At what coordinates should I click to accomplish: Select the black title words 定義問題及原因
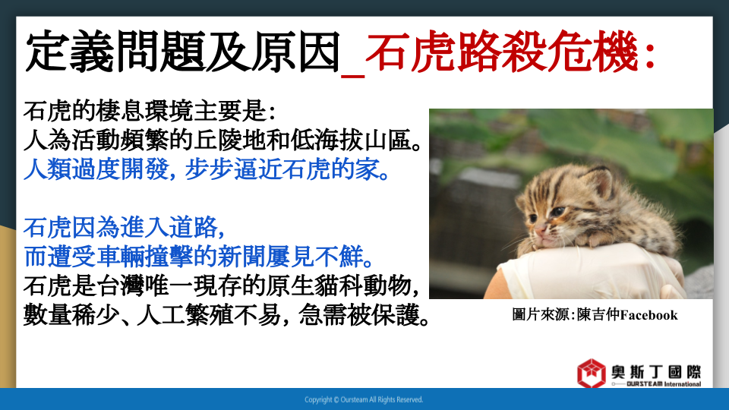(183, 51)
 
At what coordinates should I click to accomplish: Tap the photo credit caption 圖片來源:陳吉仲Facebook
(595, 314)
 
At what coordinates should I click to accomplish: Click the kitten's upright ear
(598, 181)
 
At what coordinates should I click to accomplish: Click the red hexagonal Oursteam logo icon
(592, 373)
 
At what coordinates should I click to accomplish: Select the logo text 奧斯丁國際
(656, 372)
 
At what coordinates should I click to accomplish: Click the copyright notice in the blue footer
(364, 399)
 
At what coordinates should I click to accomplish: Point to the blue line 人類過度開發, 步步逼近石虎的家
(207, 169)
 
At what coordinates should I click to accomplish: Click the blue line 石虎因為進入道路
(124, 228)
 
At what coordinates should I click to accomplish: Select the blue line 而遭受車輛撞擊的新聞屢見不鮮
(198, 257)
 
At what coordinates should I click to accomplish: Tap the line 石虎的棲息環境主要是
(150, 112)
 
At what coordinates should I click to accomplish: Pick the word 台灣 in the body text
(121, 286)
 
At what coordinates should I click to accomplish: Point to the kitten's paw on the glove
(601, 240)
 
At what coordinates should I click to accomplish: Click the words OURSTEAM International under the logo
(664, 384)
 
